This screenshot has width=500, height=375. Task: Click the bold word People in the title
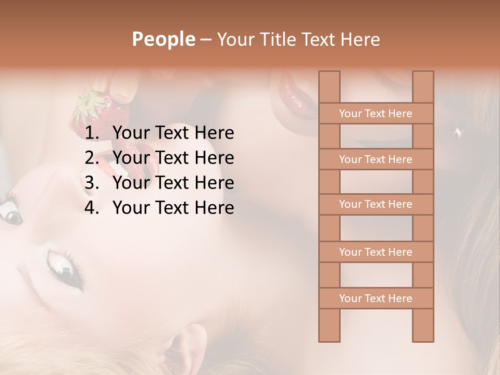click(164, 39)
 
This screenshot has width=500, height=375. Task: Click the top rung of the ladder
click(376, 114)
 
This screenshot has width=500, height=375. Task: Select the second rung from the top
click(376, 159)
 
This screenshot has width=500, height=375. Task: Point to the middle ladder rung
click(376, 204)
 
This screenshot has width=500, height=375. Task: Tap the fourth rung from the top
click(376, 252)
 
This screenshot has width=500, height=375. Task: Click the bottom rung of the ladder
click(376, 298)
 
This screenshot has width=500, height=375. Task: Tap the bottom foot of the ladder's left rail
click(329, 336)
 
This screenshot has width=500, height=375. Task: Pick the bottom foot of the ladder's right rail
click(423, 336)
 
